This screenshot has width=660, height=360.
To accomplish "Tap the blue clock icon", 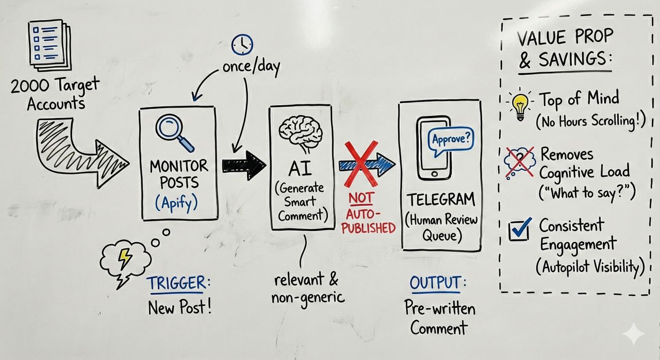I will click(242, 45).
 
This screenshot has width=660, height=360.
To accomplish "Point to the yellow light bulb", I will click(520, 104).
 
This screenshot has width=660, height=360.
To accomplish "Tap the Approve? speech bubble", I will click(452, 139).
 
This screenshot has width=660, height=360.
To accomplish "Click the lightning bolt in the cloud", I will click(125, 258).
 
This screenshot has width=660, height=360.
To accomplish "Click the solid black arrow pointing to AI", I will click(243, 165).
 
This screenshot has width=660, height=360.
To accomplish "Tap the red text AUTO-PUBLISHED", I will click(368, 220).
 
